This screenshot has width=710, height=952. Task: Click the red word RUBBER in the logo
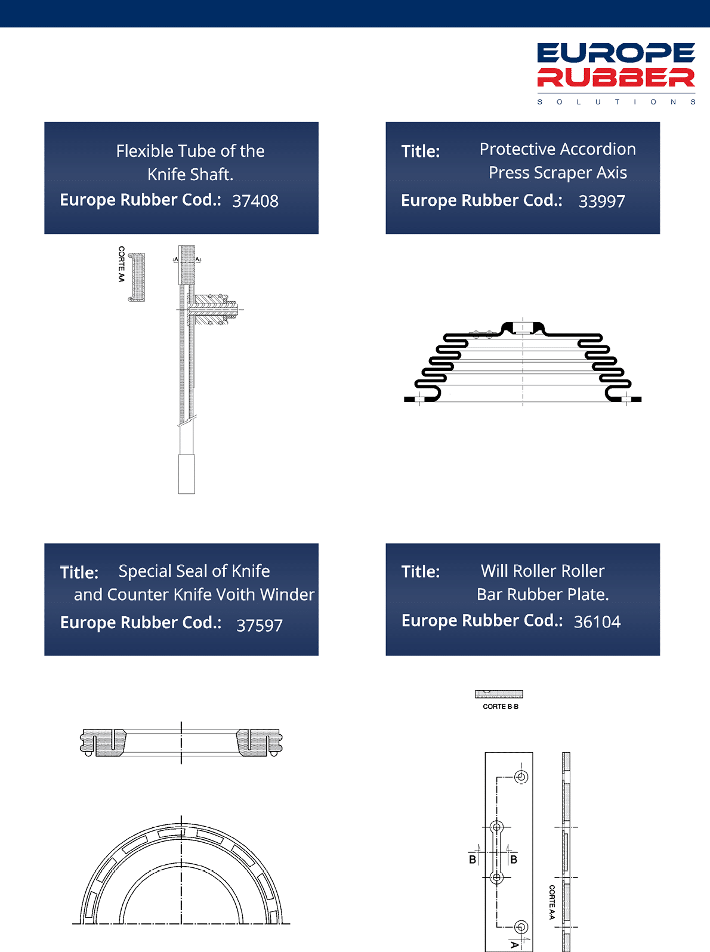pyautogui.click(x=616, y=77)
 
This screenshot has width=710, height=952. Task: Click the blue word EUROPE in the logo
pyautogui.click(x=616, y=52)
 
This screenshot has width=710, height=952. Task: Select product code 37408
pyautogui.click(x=255, y=201)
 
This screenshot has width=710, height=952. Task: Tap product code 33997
pyautogui.click(x=601, y=201)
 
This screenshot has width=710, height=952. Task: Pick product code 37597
pyautogui.click(x=260, y=625)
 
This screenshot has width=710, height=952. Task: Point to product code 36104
pyautogui.click(x=597, y=622)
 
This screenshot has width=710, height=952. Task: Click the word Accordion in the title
pyautogui.click(x=601, y=149)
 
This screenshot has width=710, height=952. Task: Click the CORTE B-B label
pyautogui.click(x=501, y=706)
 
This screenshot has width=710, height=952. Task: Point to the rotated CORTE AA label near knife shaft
pyautogui.click(x=122, y=264)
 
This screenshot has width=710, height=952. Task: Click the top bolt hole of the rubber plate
pyautogui.click(x=521, y=777)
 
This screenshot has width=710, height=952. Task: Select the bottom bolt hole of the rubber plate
pyautogui.click(x=521, y=927)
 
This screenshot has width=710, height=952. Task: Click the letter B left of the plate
pyautogui.click(x=473, y=859)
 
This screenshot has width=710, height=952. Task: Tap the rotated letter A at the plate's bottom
pyautogui.click(x=514, y=945)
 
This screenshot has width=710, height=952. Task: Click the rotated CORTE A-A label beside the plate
pyautogui.click(x=552, y=902)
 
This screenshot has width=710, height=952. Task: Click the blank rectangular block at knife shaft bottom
pyautogui.click(x=187, y=474)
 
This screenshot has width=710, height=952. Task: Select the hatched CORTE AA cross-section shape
pyautogui.click(x=137, y=277)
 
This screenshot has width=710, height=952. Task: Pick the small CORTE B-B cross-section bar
pyautogui.click(x=499, y=694)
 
